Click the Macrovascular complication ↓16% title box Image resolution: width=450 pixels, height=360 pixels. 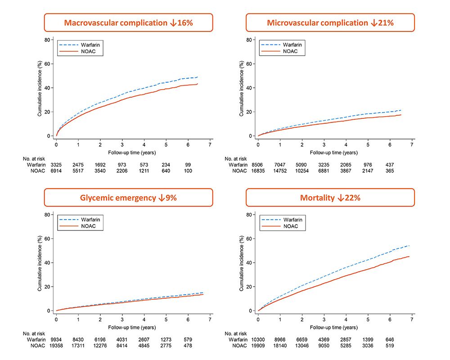pos(128,22)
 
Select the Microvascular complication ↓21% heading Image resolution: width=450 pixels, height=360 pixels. pos(330,22)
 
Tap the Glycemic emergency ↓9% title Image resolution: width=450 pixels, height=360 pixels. pos(128,198)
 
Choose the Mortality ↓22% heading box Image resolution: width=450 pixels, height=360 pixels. pos(330,198)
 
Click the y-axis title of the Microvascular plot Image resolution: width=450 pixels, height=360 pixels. pos(241,89)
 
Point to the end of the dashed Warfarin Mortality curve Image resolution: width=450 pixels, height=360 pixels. pos(409,245)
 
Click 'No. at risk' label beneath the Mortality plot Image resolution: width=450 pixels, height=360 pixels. pos(236,333)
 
